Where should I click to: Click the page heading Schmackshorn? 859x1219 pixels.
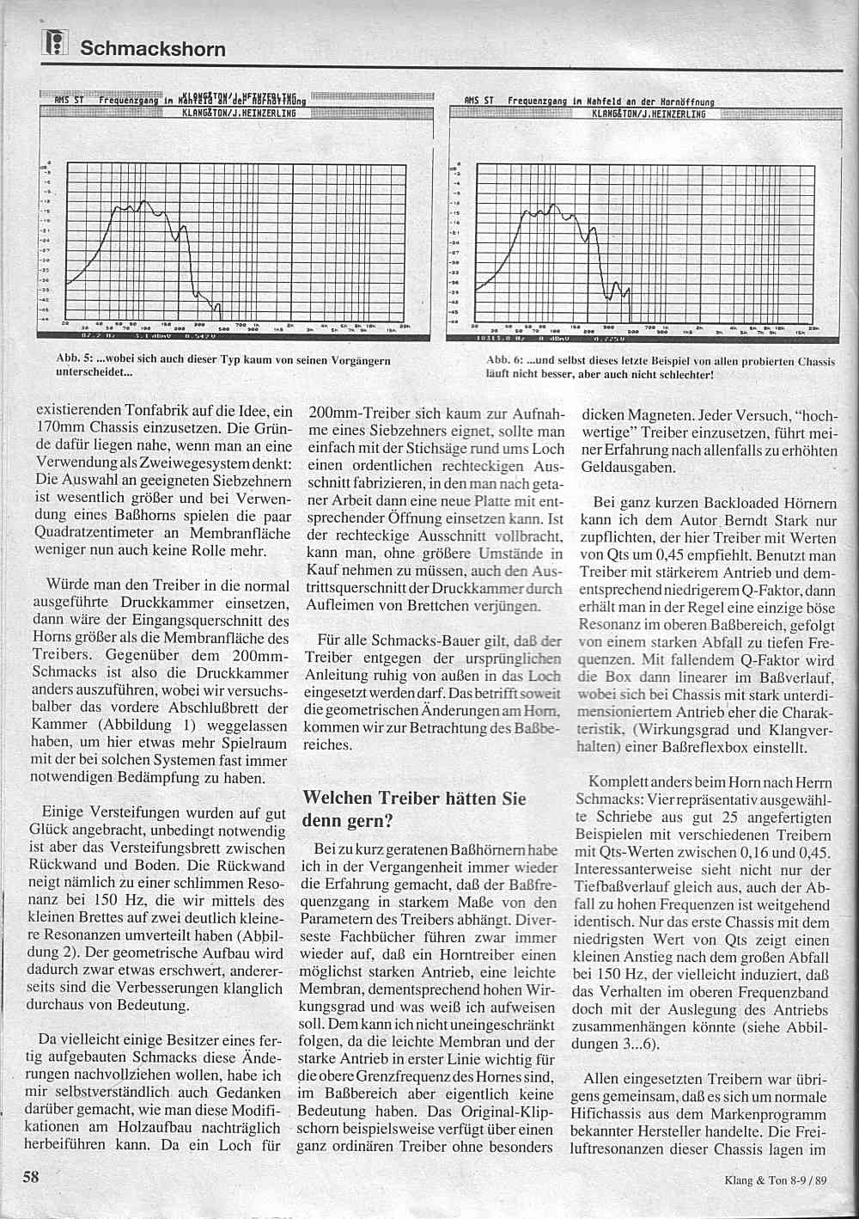pos(153,48)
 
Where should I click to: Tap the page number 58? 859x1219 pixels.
pos(31,1178)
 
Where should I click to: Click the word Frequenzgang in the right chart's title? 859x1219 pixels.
pos(538,100)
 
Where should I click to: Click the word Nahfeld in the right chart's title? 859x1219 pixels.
pos(606,100)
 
